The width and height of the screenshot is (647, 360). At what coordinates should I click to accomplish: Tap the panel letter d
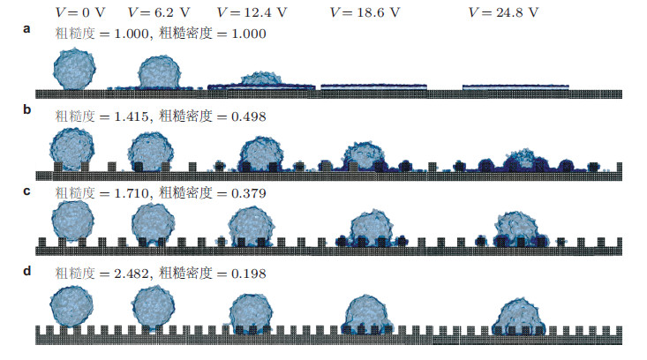(28, 270)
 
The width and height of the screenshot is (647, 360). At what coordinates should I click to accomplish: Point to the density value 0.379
(247, 192)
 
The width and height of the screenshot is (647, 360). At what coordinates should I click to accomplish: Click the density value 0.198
(247, 274)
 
